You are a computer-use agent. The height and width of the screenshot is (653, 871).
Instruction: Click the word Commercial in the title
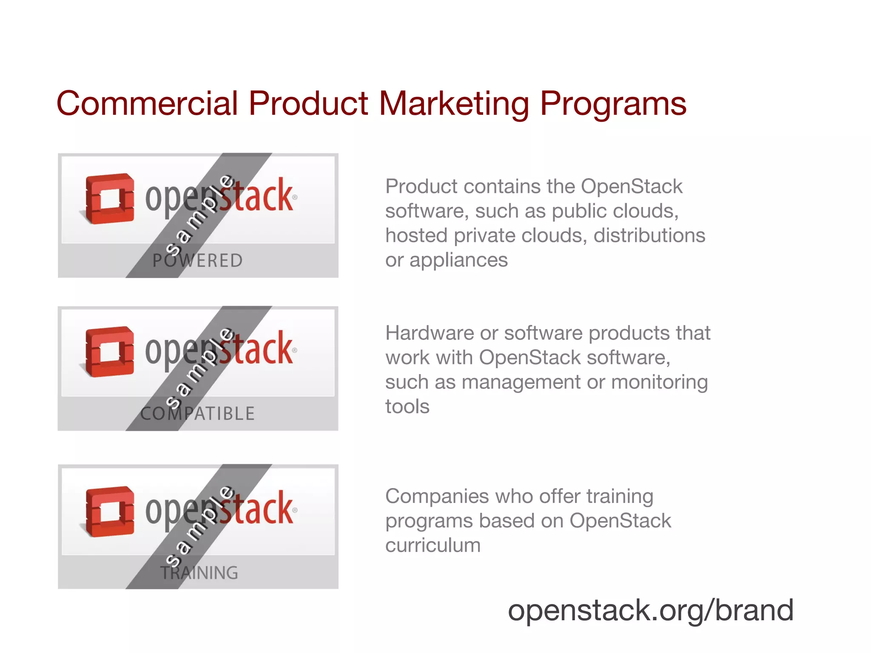coord(147,103)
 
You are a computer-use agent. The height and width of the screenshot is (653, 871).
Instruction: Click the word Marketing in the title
coord(454,104)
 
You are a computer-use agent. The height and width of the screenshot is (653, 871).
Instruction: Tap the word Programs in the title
coord(613,104)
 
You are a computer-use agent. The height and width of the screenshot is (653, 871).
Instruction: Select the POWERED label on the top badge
coord(198,261)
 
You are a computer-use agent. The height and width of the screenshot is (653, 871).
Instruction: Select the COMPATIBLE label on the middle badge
coord(198,414)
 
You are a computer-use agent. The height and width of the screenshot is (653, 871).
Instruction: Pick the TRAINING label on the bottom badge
coord(199,573)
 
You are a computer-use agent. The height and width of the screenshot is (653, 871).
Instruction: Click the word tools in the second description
coord(407,406)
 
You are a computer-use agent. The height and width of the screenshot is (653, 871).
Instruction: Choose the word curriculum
coord(433,545)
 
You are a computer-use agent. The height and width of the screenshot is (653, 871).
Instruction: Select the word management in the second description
coord(521,382)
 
